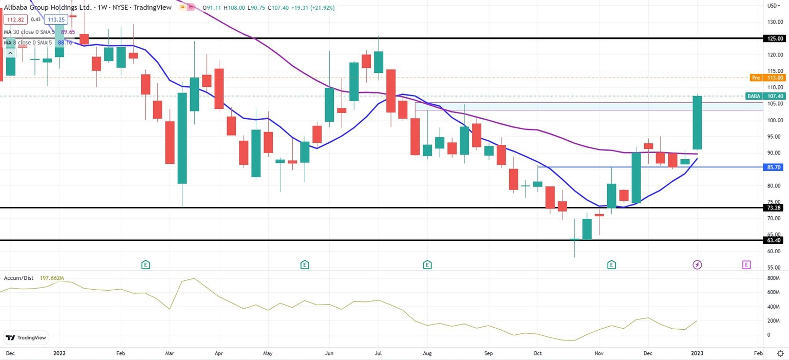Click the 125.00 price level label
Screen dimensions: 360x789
[775, 39]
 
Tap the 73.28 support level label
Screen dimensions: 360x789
[775, 207]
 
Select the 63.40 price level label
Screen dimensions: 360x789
[775, 240]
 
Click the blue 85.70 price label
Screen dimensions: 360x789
[775, 167]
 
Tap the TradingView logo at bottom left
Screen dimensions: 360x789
[26, 337]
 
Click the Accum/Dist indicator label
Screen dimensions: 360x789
[18, 278]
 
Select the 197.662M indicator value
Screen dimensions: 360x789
[52, 278]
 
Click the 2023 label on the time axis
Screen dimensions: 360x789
[697, 354]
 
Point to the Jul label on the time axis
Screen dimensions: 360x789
[379, 354]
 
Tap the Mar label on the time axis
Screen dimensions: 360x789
[170, 354]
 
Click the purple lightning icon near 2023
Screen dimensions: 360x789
[697, 265]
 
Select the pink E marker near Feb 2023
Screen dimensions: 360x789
[746, 265]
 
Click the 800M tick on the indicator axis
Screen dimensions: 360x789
[774, 278]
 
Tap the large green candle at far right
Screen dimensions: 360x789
[697, 122]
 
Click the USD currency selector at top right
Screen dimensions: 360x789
[773, 6]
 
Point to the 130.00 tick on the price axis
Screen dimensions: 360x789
[775, 22]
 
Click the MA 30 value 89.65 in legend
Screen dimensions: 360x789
[68, 32]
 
